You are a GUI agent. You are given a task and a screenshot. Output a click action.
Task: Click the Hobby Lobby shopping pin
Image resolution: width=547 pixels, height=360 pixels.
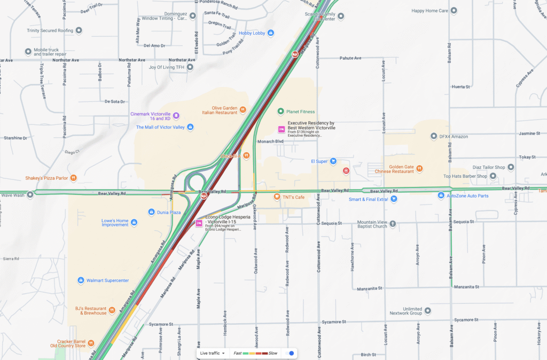click(x=271, y=33)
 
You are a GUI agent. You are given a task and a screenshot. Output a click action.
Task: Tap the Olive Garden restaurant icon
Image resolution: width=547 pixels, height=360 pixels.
click(x=243, y=109)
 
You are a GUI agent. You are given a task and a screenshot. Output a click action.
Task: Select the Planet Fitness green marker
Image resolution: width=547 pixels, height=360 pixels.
click(x=280, y=112)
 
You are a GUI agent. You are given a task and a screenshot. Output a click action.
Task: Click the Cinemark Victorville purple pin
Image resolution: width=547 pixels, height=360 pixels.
click(x=176, y=116)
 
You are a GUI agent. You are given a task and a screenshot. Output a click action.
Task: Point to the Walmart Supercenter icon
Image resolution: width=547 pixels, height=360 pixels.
click(x=81, y=280)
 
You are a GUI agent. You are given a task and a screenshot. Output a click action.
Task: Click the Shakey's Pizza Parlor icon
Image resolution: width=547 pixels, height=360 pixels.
click(x=74, y=178)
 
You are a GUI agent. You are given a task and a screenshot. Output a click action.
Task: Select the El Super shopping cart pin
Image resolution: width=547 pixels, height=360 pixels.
click(x=333, y=161)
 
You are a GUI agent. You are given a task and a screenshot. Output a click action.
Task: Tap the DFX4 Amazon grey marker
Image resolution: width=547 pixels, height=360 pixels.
click(x=434, y=136)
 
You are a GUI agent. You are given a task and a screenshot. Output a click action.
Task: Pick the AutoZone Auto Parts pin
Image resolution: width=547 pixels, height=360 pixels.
click(x=441, y=196)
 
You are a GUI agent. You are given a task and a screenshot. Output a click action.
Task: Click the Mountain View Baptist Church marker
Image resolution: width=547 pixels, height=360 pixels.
click(x=393, y=224)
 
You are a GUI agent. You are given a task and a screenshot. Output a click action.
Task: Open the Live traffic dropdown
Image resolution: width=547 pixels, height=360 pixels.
click(x=212, y=353)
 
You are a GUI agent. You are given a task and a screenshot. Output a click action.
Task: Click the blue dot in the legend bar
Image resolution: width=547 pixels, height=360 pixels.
click(x=292, y=353)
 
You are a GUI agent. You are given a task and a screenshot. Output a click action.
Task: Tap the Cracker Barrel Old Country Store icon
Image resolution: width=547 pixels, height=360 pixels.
click(x=91, y=343)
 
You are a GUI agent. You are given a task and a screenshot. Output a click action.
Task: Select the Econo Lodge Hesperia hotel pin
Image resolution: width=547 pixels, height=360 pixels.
click(x=199, y=223)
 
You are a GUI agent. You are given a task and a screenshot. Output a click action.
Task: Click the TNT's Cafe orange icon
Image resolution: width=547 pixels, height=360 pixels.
click(x=277, y=197)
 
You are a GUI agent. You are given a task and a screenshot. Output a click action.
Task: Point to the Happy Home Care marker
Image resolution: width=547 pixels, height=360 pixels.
click(x=454, y=11)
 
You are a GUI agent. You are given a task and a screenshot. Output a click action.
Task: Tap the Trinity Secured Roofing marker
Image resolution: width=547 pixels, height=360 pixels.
click(x=79, y=30)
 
